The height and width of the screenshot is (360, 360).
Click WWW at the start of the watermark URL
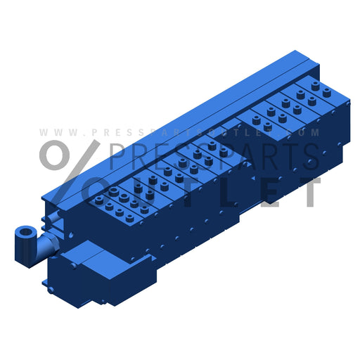pos(52,132)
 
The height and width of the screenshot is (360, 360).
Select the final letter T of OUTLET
pos(309,191)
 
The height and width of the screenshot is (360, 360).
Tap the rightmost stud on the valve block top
pos(327,91)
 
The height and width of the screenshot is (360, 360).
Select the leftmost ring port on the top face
pos(113,191)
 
